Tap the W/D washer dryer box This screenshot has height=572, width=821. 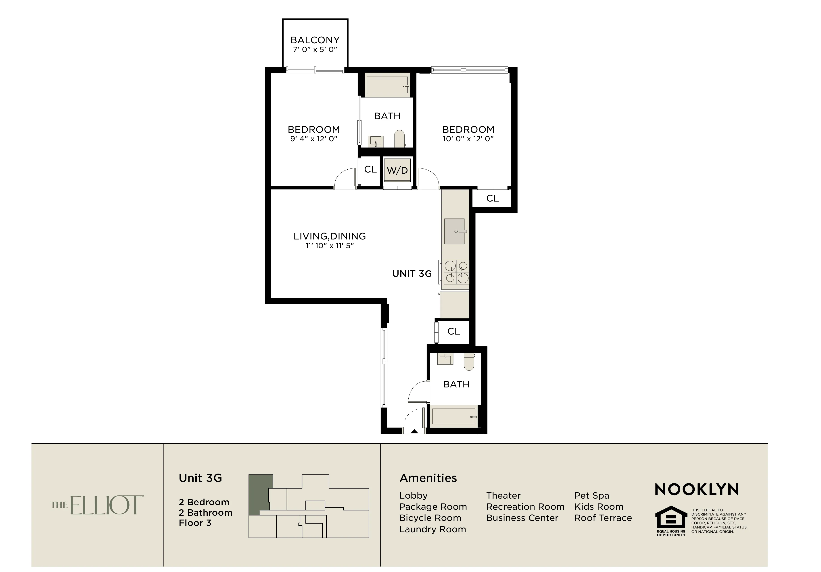coord(397,171)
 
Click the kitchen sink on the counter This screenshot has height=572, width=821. coord(455,231)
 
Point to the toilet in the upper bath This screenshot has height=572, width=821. coord(399,138)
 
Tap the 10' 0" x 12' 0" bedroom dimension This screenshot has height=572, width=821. coord(468,139)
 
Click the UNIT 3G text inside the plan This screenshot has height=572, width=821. coord(412,274)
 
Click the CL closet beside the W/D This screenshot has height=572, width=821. coord(370,169)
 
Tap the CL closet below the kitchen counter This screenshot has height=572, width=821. coord(453,331)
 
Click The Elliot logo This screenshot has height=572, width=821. coord(97,505)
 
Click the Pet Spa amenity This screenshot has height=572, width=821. coord(591,495)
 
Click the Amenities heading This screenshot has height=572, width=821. coord(428,478)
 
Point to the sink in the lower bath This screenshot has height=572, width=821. coord(445,359)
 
